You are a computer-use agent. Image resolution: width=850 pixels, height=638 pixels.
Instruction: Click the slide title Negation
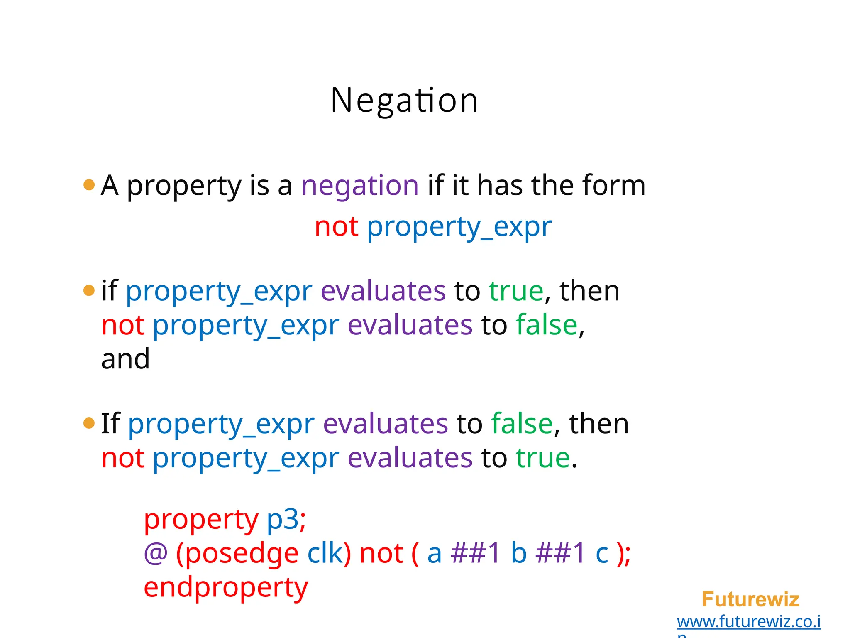[x=404, y=101]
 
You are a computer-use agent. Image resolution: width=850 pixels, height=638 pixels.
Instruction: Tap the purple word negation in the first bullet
[x=360, y=186]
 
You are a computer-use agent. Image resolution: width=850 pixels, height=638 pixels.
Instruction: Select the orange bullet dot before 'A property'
[x=89, y=184]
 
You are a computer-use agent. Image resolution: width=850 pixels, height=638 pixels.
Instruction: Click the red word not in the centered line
[x=336, y=227]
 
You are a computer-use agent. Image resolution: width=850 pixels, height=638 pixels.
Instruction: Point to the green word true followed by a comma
[x=516, y=291]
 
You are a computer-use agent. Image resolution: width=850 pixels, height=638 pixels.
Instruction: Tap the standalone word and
[x=125, y=359]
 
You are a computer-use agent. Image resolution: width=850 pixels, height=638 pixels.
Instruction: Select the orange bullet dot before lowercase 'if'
[x=89, y=290]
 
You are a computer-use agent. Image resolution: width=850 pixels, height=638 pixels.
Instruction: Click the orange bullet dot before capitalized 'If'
[x=89, y=423]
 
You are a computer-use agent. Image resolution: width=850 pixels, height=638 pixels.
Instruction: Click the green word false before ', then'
[x=522, y=424]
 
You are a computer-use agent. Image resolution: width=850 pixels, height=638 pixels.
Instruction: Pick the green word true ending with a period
[x=543, y=458]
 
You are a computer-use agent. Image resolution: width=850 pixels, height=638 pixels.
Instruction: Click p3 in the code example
[x=282, y=520]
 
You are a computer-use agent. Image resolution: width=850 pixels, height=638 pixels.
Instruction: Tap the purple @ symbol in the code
[x=156, y=554]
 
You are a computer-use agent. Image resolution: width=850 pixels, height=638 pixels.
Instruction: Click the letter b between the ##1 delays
[x=518, y=554]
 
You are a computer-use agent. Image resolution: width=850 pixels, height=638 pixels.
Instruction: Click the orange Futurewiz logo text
[x=750, y=600]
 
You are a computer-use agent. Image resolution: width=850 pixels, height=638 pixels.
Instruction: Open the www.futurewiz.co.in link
[x=749, y=622]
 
